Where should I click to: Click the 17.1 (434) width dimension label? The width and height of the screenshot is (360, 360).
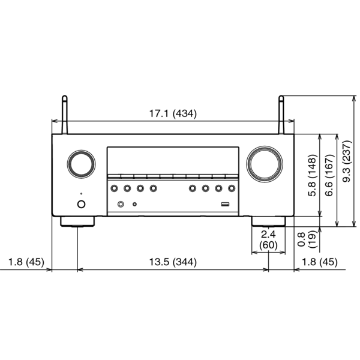173,112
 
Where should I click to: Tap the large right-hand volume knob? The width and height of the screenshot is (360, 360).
263,163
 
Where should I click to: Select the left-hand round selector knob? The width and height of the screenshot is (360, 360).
80,163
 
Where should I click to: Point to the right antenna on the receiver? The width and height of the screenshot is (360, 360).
280,115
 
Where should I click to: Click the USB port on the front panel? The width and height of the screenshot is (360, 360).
225,205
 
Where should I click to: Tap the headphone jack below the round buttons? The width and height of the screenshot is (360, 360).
121,205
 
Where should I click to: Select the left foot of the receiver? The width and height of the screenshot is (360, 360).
78,222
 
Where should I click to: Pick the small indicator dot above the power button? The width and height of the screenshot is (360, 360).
80,194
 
